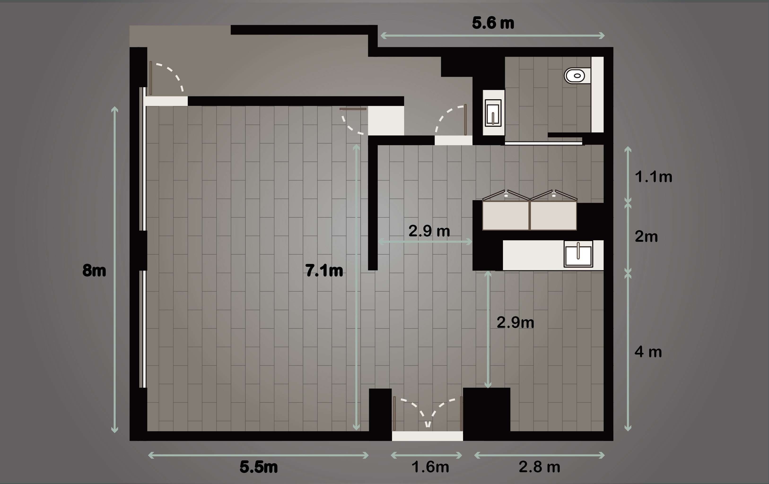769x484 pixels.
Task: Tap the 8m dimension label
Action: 94,271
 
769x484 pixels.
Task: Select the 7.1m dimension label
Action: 324,271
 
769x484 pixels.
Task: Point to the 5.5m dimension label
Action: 259,467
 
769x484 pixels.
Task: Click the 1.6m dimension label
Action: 430,467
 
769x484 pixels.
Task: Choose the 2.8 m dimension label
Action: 539,467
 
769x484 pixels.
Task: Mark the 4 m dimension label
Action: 648,352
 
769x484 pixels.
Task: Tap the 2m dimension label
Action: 646,237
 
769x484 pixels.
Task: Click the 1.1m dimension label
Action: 653,177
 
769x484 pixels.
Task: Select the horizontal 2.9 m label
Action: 429,231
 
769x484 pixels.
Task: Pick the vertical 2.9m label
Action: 515,322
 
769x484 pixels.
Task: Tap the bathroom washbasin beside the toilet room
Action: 493,113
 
